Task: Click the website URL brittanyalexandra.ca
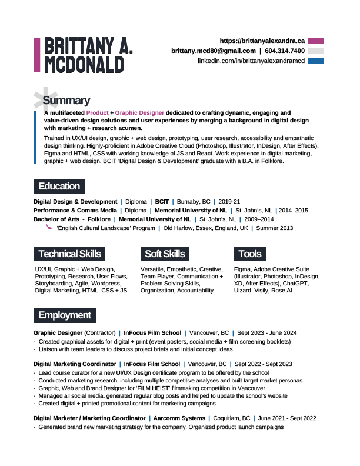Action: click(262, 41)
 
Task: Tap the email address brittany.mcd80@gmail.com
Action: click(213, 51)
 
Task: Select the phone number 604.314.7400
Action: click(285, 51)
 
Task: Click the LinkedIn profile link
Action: click(251, 61)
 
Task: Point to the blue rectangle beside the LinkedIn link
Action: click(316, 61)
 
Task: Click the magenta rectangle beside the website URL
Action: click(316, 41)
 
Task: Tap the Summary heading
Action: click(66, 101)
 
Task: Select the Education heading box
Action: click(59, 187)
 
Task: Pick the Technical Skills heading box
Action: click(69, 254)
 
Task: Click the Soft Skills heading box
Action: click(165, 254)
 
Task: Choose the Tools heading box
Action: click(249, 254)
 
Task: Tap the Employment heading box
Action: click(64, 315)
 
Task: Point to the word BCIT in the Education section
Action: click(162, 201)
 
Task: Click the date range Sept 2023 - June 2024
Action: click(266, 332)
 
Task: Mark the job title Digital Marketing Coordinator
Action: click(75, 364)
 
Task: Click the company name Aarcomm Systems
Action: click(179, 418)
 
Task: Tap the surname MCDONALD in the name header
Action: click(84, 64)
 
